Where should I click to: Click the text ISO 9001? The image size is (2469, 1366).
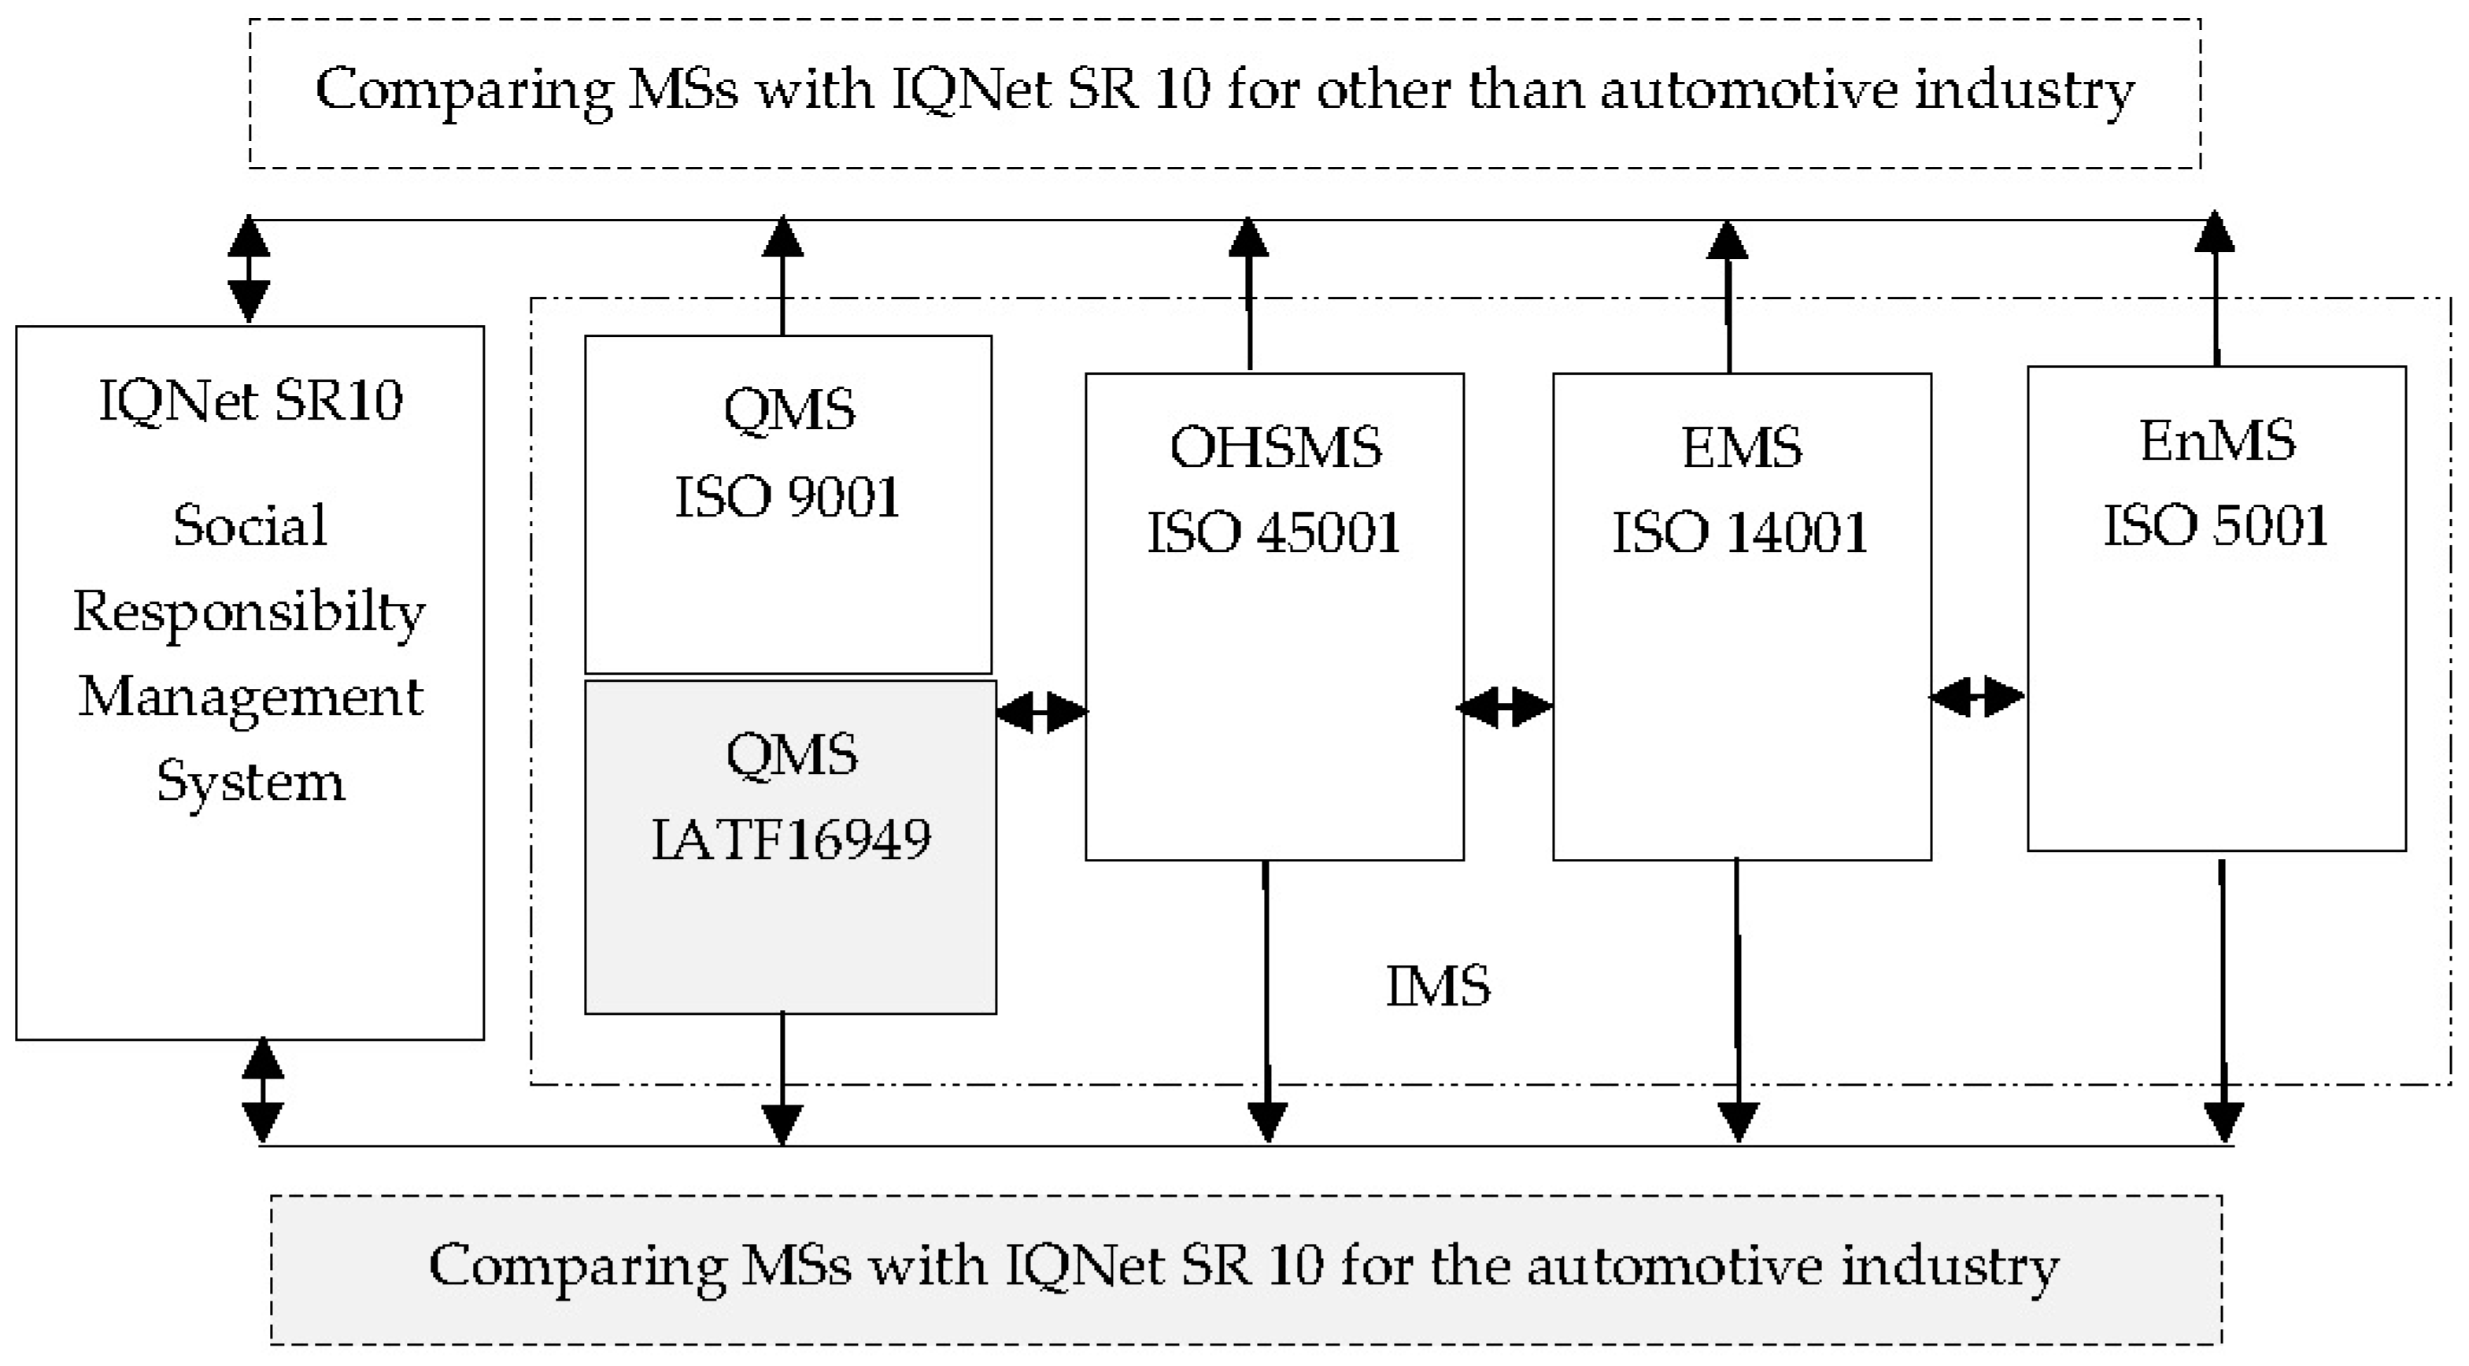pos(787,498)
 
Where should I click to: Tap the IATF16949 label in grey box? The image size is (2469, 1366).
pos(791,840)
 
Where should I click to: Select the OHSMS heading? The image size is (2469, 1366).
pos(1275,448)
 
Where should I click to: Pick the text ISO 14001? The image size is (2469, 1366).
pos(1739,533)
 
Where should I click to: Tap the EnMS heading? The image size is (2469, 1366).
pos(2217,441)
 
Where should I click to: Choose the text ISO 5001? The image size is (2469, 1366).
pos(2216,526)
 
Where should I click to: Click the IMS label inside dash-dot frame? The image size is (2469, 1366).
pos(1438,987)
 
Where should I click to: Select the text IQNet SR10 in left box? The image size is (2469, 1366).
pos(250,401)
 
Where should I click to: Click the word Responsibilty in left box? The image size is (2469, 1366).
pos(249,612)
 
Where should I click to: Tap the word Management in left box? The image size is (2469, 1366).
pos(250,697)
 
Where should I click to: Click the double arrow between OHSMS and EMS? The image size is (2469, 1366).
pos(1504,709)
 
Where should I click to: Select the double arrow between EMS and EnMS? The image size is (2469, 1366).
pos(1976,696)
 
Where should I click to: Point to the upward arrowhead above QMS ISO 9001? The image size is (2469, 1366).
pos(782,237)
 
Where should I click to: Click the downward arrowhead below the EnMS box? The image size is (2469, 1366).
pos(2223,1122)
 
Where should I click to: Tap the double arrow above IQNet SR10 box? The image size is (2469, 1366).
pos(248,269)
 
